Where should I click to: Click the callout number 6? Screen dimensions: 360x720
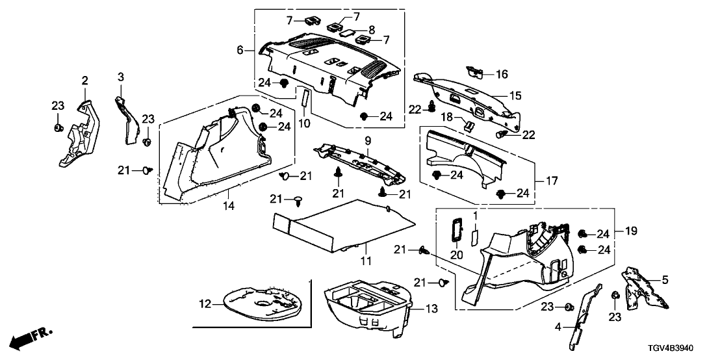[x=240, y=49]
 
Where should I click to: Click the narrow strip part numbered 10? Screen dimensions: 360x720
[x=303, y=101]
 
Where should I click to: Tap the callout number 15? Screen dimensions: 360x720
[x=515, y=96]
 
